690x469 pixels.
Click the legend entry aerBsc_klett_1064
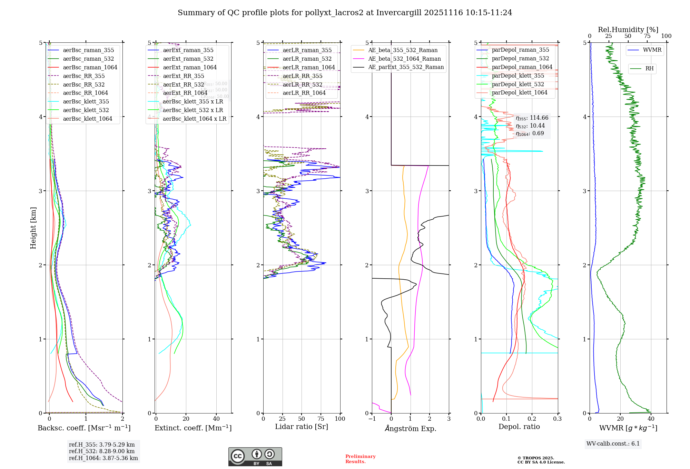coord(87,119)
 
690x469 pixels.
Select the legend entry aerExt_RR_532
coord(183,85)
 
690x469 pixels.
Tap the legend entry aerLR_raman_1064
coord(308,68)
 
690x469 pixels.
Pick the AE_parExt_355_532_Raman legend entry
coord(406,67)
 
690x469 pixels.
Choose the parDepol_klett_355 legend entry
coord(517,76)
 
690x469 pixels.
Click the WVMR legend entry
coord(652,50)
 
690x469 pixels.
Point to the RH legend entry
coord(649,69)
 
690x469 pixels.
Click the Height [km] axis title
coord(33,228)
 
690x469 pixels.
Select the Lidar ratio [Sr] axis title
coord(302,427)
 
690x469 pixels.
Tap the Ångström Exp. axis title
coord(411,428)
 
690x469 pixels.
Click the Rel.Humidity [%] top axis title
coord(628,30)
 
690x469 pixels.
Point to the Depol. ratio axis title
coord(519,427)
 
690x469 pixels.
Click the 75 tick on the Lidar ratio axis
coord(321,419)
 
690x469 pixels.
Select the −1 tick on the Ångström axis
coord(372,419)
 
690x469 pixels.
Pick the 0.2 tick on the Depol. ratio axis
coord(532,419)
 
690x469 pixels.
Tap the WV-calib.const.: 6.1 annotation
coord(613,444)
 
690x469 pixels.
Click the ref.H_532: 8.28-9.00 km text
coord(102,451)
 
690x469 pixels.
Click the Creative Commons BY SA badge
coord(255,457)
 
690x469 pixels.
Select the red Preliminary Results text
coord(360,459)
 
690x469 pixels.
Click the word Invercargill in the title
coord(399,13)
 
